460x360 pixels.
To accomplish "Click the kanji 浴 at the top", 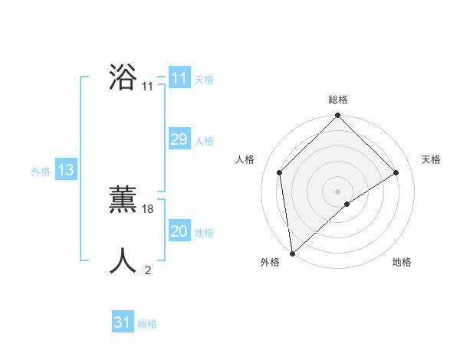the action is (123, 79).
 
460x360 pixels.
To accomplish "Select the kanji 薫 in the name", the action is (123, 201).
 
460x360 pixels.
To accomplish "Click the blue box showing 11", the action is (179, 78).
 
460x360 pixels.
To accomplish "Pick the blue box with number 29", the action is (179, 139).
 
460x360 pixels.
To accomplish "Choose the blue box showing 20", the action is (179, 231).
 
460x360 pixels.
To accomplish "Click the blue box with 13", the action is (66, 170).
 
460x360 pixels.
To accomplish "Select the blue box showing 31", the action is (123, 322).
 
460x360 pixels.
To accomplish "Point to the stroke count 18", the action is (148, 209).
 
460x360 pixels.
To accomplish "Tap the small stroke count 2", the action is (148, 270).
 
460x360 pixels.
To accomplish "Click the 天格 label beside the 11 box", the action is (204, 80).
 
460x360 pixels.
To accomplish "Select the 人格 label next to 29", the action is (204, 141).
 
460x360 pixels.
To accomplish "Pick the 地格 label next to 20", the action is (204, 233).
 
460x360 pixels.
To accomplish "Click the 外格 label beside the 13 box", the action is (41, 172).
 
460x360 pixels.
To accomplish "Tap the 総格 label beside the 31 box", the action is (147, 324).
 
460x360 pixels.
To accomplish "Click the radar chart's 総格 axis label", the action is (337, 100).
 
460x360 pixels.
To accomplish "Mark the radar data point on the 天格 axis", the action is (396, 172).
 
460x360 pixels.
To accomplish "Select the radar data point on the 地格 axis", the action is (347, 204).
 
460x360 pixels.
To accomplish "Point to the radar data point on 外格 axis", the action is (292, 253).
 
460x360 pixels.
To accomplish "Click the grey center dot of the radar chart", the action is (337, 191).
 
